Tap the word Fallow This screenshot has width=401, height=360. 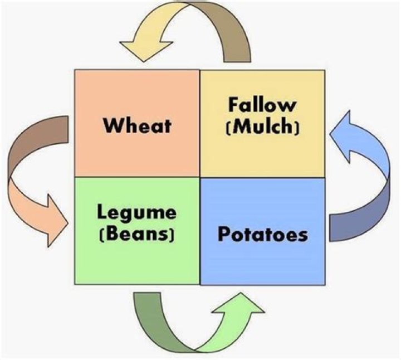pyautogui.click(x=262, y=105)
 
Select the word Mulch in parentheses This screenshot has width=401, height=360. pyautogui.click(x=264, y=127)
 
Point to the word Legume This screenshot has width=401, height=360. pyautogui.click(x=136, y=212)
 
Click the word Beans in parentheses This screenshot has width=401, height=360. pyautogui.click(x=138, y=233)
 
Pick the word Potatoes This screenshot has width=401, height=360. pyautogui.click(x=262, y=234)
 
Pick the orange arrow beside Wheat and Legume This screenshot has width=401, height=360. pyautogui.click(x=33, y=178)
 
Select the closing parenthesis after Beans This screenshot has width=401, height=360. pyautogui.click(x=174, y=234)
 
